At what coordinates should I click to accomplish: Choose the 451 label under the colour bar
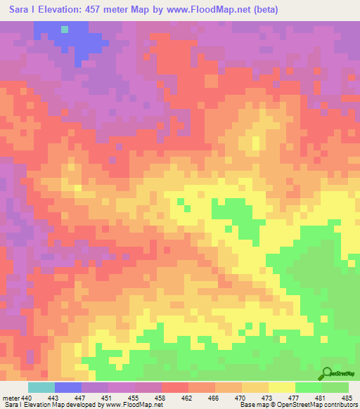tap(108, 397)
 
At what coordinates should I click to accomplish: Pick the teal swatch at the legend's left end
tap(41, 387)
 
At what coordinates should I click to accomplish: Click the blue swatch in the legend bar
tap(68, 387)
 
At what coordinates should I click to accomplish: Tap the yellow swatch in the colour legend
tap(282, 387)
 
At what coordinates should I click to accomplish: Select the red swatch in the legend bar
tap(175, 387)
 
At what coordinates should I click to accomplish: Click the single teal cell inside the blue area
tap(65, 30)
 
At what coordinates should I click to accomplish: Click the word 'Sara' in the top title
tap(20, 10)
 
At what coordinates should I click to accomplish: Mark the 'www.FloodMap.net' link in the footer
tap(134, 405)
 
